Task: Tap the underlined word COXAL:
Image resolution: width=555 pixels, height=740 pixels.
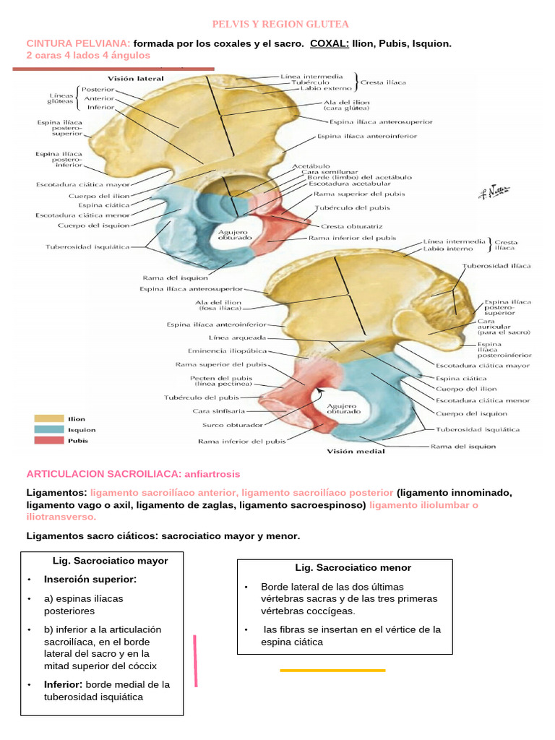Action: (330, 44)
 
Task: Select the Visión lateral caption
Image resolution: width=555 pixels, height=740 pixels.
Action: (136, 78)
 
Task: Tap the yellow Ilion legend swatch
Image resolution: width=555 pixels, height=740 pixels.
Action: (48, 418)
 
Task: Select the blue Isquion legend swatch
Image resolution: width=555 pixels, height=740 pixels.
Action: (48, 429)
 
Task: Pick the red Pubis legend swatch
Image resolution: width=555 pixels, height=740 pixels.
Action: (48, 440)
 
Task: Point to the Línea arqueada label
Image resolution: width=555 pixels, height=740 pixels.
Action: (237, 337)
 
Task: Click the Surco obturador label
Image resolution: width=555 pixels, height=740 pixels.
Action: (226, 426)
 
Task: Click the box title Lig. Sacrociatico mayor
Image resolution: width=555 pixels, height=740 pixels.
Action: (111, 561)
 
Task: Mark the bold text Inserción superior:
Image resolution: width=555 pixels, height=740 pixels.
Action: (90, 580)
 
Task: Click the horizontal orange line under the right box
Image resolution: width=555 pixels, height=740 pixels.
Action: (332, 671)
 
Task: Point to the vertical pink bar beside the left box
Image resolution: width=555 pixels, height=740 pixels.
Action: (195, 661)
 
